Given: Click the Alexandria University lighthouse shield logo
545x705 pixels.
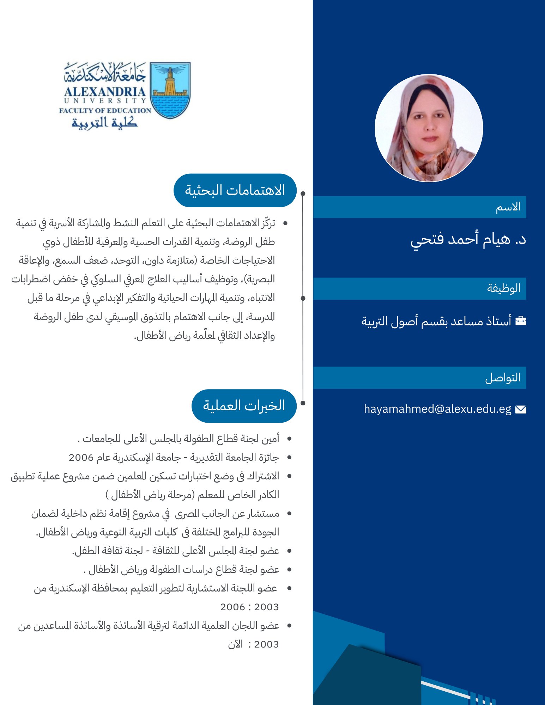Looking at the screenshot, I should (170, 90).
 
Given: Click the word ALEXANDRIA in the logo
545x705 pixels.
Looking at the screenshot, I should (105, 92).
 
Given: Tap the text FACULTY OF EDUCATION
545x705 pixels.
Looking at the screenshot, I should (105, 110).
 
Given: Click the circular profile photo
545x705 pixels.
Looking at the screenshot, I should (429, 128).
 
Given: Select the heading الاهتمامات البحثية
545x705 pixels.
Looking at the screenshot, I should (235, 190).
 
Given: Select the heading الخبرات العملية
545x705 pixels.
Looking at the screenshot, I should (244, 406).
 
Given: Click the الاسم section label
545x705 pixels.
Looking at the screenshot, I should (508, 207).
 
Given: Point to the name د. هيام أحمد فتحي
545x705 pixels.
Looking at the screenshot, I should (468, 240).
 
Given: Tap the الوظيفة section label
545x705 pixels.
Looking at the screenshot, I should (504, 288).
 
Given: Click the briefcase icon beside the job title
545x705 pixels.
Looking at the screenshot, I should (521, 321).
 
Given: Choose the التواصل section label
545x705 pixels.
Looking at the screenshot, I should (503, 378).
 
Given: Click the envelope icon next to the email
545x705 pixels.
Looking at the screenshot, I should (521, 409).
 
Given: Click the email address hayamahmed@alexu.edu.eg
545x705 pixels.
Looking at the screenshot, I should (437, 409).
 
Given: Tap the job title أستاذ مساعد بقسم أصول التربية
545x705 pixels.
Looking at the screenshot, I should (436, 321).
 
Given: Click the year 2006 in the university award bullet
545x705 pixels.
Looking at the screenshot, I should (81, 458).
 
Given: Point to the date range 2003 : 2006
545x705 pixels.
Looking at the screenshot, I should (249, 607).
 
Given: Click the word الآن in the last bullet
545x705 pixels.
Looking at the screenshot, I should (235, 644).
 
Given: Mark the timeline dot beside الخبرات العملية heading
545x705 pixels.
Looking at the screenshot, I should (303, 403).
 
